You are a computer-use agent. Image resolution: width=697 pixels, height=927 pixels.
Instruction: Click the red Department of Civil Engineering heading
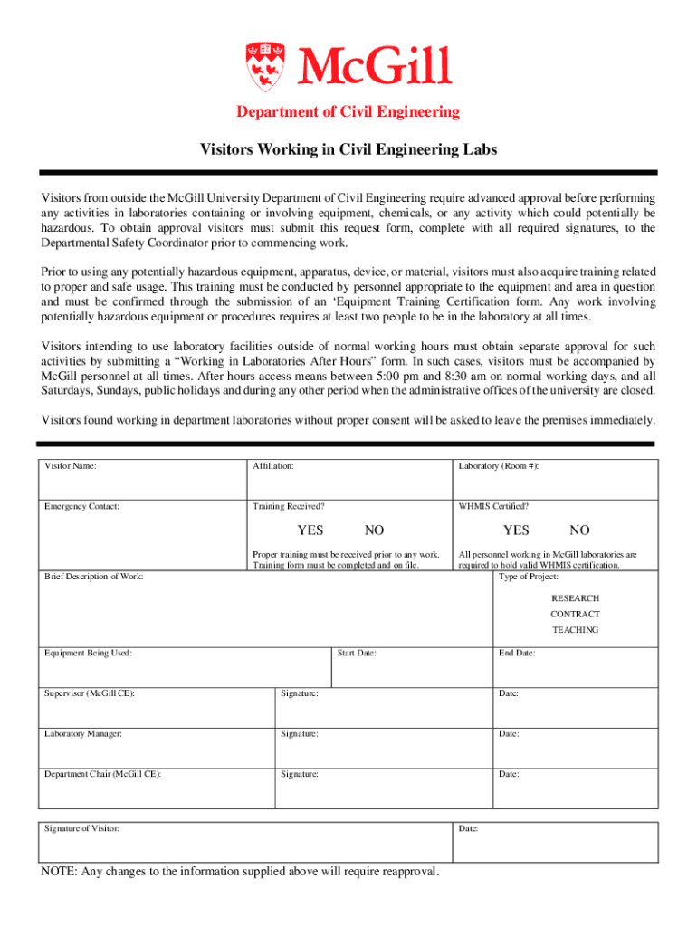[x=348, y=112]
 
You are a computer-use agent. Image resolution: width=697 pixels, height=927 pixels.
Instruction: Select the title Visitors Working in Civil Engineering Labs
[x=348, y=149]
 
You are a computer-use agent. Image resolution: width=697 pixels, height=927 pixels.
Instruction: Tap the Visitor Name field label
[x=71, y=465]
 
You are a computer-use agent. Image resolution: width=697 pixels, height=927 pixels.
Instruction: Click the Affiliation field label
[x=272, y=465]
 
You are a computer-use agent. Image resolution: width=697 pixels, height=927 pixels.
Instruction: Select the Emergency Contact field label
[x=81, y=506]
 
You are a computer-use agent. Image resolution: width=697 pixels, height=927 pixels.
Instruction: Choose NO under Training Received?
[x=374, y=530]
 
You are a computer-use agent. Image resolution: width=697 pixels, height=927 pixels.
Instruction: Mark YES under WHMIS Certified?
[x=516, y=530]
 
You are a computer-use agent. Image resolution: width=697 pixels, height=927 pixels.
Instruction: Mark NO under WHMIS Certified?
[x=579, y=530]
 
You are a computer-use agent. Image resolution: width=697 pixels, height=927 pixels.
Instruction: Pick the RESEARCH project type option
[x=576, y=598]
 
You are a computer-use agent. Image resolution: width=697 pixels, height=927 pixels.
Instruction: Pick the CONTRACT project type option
[x=576, y=614]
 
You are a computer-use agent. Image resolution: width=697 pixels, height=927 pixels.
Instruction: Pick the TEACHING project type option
[x=576, y=630]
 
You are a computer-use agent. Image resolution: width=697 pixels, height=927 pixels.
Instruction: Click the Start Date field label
[x=357, y=653]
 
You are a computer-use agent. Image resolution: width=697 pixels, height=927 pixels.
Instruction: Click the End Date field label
[x=517, y=653]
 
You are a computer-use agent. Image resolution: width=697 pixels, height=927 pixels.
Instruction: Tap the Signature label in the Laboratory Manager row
[x=299, y=734]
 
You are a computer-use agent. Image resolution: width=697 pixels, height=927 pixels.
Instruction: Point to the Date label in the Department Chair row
[x=508, y=774]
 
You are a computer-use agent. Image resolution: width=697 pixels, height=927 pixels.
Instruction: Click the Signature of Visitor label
[x=81, y=828]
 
